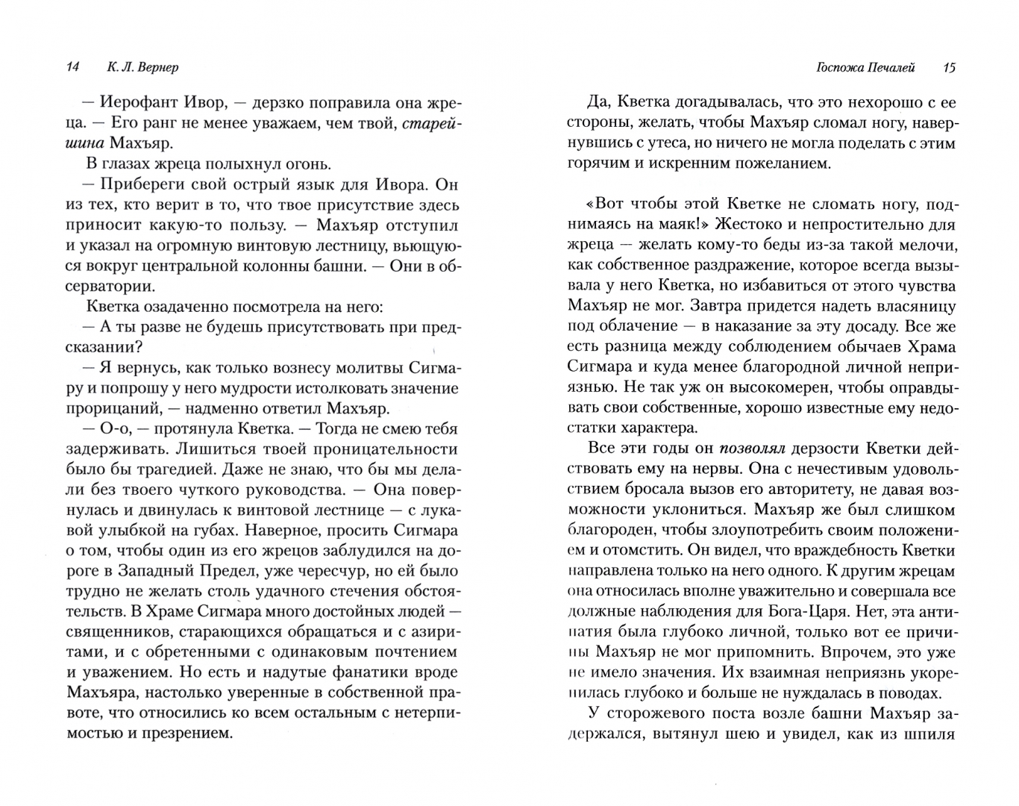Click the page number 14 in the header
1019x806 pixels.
pos(72,68)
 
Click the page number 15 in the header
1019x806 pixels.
pos(949,68)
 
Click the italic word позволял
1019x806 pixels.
pos(750,449)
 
